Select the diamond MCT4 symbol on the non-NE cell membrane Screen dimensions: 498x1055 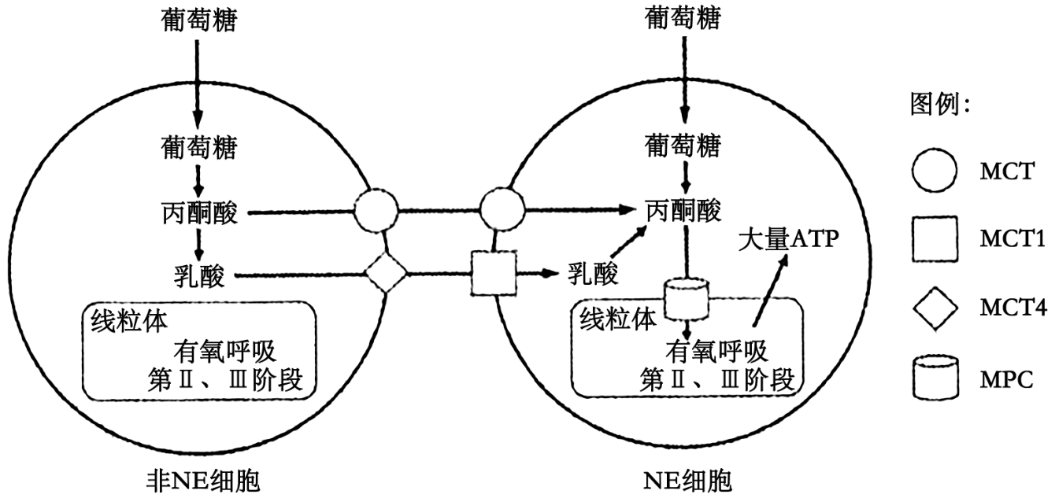[387, 275]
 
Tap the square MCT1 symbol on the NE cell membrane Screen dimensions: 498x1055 [493, 275]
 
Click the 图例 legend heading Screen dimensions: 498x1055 [940, 104]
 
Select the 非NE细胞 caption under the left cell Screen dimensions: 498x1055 [196, 479]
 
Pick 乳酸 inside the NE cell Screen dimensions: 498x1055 [592, 275]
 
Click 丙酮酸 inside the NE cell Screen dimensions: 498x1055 [683, 211]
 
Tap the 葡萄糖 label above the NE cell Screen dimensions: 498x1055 [683, 20]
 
